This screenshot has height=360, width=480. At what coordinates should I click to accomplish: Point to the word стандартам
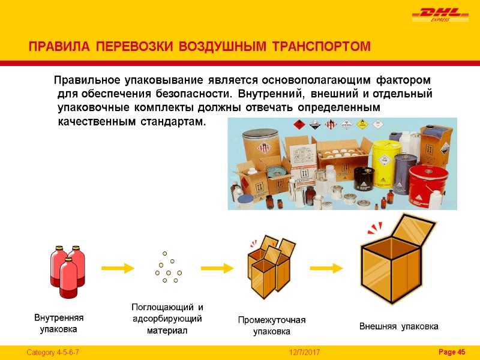[172, 122]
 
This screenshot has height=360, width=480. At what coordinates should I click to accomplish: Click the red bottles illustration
[67, 271]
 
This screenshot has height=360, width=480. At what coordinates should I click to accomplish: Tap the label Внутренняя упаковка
[59, 323]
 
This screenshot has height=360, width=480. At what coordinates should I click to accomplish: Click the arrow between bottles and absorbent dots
[116, 268]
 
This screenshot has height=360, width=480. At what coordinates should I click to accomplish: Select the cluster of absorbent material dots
[169, 268]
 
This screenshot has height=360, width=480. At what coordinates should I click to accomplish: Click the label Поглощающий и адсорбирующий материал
[167, 319]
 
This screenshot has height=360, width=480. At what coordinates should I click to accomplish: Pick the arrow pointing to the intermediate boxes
[216, 268]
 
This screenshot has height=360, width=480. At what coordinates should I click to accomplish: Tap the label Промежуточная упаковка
[271, 325]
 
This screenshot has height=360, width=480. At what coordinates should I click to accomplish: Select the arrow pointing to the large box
[329, 268]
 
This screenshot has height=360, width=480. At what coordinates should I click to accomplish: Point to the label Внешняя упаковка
[398, 326]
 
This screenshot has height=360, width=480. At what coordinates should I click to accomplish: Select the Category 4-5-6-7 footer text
[53, 352]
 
